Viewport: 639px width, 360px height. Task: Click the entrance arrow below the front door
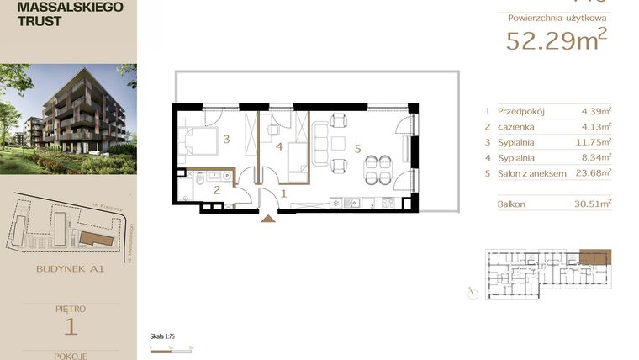point(269,219)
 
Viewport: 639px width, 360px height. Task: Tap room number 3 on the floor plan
point(226,140)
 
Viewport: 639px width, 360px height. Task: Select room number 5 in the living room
point(358,149)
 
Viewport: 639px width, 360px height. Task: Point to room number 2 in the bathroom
point(216,191)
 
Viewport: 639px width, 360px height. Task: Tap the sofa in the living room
point(319,142)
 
